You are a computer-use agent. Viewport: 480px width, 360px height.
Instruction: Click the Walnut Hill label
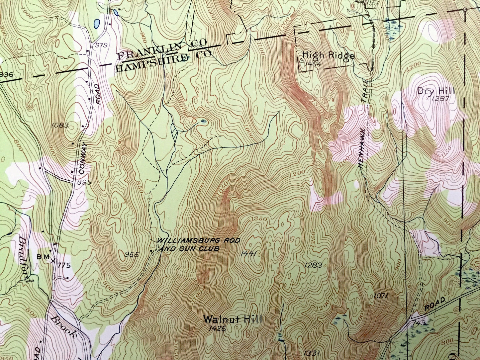point(233,319)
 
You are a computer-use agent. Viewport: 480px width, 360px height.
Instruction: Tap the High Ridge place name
point(328,55)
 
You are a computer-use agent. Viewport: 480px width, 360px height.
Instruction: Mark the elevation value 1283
point(313,265)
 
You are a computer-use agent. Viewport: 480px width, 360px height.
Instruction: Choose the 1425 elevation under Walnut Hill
point(218,328)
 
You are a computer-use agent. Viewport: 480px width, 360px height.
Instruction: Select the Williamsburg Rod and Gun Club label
point(198,244)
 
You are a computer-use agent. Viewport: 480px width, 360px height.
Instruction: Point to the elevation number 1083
point(60,125)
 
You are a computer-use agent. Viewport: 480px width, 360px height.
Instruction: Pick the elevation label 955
point(132,254)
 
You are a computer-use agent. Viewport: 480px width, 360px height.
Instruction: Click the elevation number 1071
point(381,296)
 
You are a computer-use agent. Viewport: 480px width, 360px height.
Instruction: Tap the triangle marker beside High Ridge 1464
point(301,61)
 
